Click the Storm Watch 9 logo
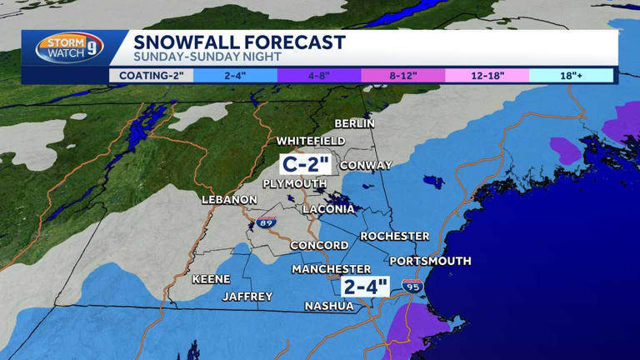70,48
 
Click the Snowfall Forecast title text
239,42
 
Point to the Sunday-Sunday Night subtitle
207,57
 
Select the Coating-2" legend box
151,76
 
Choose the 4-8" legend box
319,76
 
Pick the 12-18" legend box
487,76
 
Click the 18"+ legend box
571,76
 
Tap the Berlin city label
354,123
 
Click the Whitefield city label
311,141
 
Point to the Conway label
365,165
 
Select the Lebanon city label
229,200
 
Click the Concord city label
319,245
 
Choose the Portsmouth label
430,261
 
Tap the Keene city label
211,279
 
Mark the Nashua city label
328,306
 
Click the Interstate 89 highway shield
267,222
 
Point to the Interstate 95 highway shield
412,286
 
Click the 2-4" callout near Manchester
366,287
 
